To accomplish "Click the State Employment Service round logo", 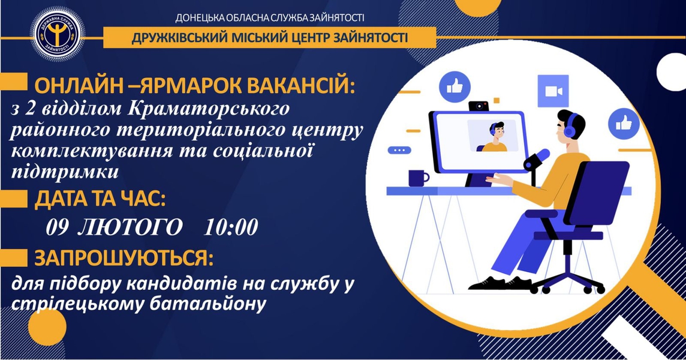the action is click(x=57, y=34).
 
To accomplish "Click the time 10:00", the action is click(x=231, y=227).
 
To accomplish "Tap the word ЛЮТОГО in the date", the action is click(x=130, y=227).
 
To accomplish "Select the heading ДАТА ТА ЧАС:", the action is click(x=100, y=200).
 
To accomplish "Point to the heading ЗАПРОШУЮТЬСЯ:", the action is click(x=124, y=259).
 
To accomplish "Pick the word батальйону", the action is click(x=208, y=304).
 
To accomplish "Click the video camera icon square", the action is click(x=553, y=91).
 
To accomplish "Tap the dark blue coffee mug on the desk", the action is click(x=418, y=178).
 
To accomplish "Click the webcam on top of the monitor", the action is click(x=480, y=106).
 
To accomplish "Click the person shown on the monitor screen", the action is click(x=495, y=137).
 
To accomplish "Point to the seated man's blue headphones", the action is click(x=570, y=126).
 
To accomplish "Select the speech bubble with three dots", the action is click(x=399, y=150).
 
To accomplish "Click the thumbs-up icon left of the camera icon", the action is click(x=455, y=87).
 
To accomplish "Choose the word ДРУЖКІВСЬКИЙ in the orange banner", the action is click(x=179, y=38).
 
